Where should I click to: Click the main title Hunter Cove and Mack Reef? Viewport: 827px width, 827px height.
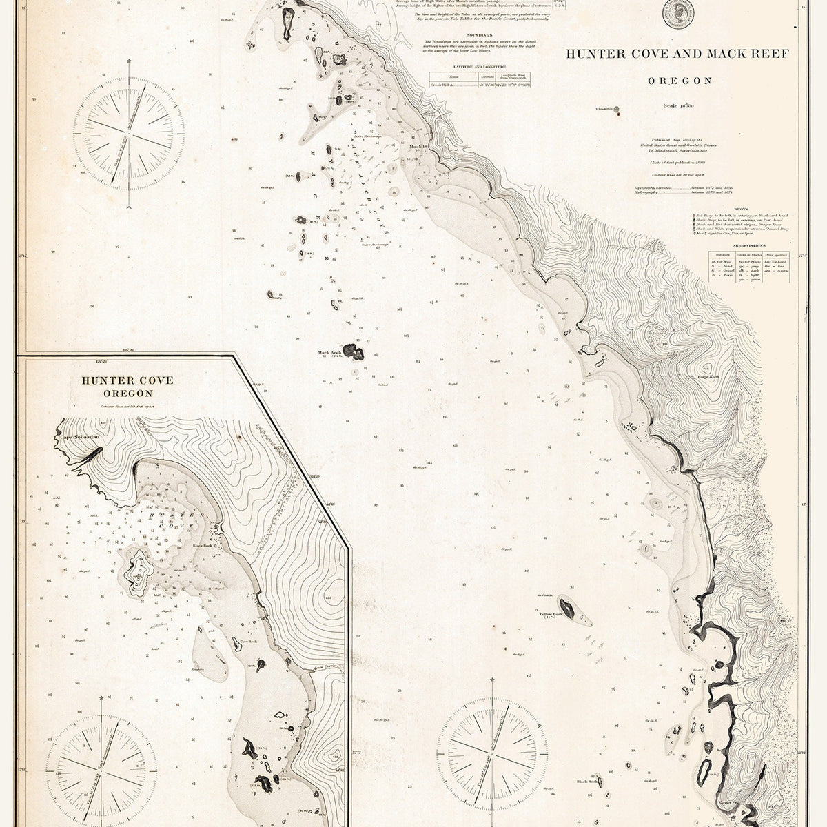[x=680, y=53]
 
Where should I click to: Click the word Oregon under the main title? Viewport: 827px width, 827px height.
[x=680, y=81]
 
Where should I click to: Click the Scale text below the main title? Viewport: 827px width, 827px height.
[x=679, y=105]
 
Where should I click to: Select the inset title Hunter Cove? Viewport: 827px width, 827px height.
[x=117, y=380]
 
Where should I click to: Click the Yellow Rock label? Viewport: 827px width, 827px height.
[x=551, y=613]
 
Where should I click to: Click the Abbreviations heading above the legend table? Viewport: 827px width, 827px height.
[x=748, y=245]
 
